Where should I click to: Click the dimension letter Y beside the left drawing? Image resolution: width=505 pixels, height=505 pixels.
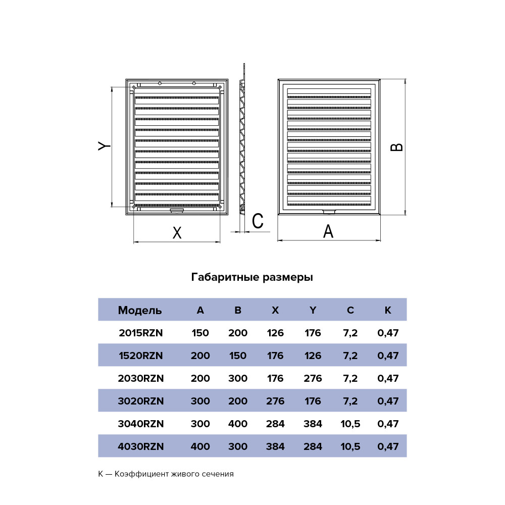click(104, 146)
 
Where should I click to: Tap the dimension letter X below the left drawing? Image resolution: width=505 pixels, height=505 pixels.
click(177, 232)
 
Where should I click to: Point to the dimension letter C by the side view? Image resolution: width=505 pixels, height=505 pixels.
click(258, 221)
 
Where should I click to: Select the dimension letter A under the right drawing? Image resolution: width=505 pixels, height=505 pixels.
click(328, 231)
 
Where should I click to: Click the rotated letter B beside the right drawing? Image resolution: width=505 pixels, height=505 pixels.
click(396, 147)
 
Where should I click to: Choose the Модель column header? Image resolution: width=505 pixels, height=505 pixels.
click(140, 310)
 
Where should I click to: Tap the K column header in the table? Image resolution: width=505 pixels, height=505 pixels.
click(388, 310)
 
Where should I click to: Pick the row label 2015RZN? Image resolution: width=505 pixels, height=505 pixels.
click(141, 333)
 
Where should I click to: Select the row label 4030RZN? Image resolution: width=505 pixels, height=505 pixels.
click(141, 446)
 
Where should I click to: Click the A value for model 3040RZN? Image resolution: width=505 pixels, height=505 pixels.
click(200, 424)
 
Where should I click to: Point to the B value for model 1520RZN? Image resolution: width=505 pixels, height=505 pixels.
click(238, 356)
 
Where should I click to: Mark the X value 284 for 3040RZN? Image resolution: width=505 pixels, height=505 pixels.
click(275, 424)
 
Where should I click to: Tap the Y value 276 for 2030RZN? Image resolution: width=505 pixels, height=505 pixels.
click(313, 378)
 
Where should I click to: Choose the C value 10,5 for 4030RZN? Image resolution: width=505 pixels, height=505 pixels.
click(350, 447)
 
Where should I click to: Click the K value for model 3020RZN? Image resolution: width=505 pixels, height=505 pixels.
click(388, 401)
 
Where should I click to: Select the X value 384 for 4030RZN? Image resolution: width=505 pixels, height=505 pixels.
click(275, 446)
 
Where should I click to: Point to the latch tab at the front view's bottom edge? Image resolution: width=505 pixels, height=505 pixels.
click(329, 212)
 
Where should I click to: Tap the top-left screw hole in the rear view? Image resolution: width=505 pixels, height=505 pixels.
click(134, 87)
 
